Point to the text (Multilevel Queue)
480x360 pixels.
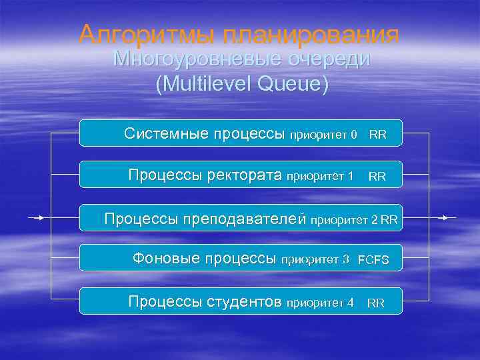tap(241, 85)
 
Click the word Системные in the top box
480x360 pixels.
tap(165, 134)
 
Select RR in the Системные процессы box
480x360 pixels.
tap(377, 135)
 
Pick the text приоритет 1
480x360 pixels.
tap(320, 177)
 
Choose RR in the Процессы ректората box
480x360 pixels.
tap(377, 177)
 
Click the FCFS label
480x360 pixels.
tap(373, 260)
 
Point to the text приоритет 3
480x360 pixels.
tap(316, 259)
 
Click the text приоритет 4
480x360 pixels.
tap(320, 303)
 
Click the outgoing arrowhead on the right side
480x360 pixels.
tap(445, 217)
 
